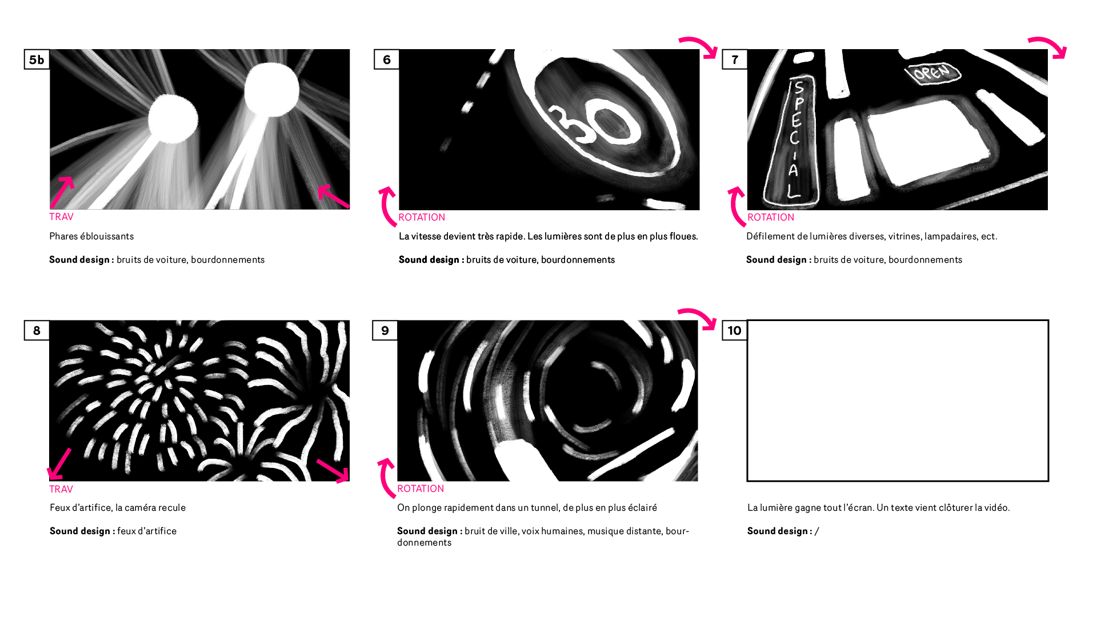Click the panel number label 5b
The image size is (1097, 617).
coord(37,59)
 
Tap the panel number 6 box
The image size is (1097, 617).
coord(387,59)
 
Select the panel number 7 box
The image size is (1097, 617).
coord(735,59)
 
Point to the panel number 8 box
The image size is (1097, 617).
coord(37,330)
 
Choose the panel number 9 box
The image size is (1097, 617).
coord(385,330)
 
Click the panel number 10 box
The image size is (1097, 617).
coord(735,330)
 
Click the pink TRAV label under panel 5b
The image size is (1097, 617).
coord(61,217)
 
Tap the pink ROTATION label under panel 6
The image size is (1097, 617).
coord(422,217)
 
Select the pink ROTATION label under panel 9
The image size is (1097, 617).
coord(421,488)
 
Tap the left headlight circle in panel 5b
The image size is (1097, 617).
coord(173,119)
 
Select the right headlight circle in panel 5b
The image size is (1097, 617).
coord(271,90)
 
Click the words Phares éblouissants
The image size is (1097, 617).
coord(91,236)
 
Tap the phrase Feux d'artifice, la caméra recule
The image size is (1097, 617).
coord(118,507)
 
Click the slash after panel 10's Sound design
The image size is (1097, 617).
coord(817,531)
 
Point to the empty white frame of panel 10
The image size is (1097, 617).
coord(898,321)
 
